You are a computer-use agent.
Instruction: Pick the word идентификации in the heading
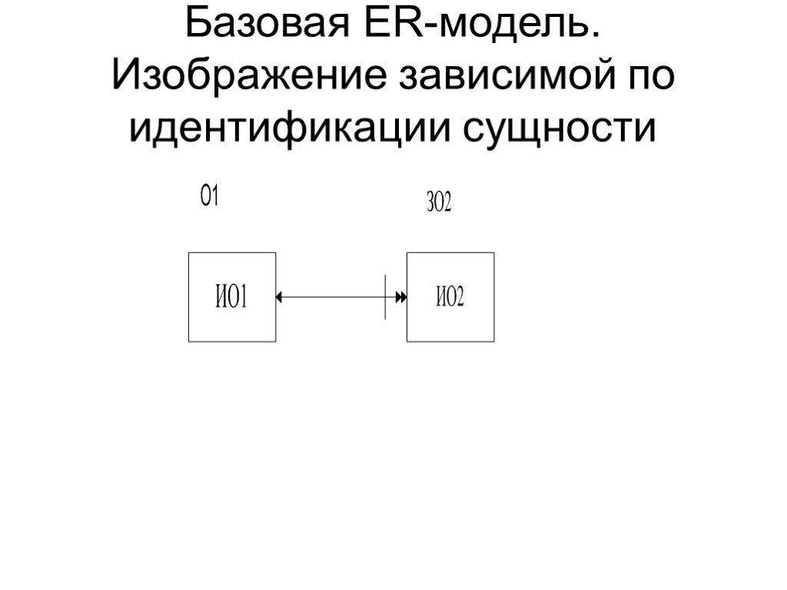click(x=291, y=128)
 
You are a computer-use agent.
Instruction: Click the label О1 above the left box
click(x=210, y=197)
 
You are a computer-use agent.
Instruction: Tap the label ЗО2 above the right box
click(x=438, y=204)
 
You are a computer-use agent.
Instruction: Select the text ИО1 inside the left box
click(x=231, y=297)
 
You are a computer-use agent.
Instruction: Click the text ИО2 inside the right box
click(x=450, y=297)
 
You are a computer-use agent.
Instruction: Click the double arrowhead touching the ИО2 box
click(x=400, y=297)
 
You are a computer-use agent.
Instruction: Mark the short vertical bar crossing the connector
click(x=385, y=297)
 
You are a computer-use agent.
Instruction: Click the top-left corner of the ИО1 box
click(x=189, y=253)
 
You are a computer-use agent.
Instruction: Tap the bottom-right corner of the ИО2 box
click(x=494, y=341)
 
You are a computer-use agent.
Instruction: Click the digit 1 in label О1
click(x=215, y=197)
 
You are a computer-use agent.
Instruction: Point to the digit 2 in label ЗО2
click(x=447, y=204)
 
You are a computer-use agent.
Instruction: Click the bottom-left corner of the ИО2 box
click(x=407, y=341)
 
